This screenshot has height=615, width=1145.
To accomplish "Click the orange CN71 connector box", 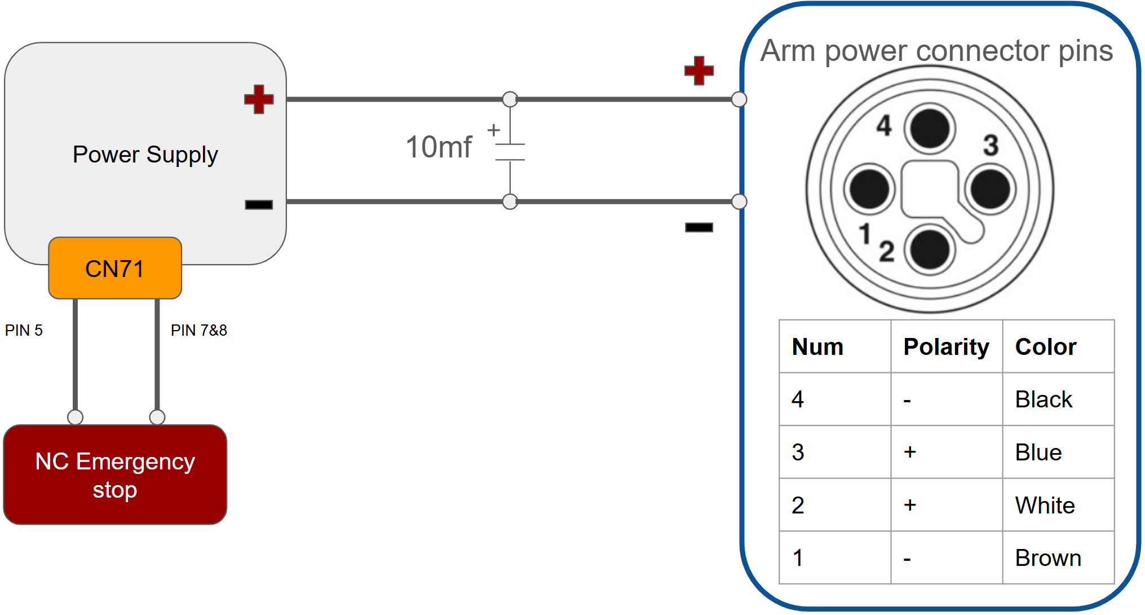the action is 115,268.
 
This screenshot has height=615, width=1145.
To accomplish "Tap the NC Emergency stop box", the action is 115,475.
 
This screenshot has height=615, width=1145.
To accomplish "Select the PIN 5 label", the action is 24,330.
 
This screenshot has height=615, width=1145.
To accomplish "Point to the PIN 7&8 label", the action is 199,330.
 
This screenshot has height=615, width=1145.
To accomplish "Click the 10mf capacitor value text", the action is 439,147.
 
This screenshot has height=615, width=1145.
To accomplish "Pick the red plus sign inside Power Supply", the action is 259,99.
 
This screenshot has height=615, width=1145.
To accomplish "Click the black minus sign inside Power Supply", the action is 259,204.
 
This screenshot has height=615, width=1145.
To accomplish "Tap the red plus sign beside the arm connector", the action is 699,71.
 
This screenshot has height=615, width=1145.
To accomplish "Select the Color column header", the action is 1046,346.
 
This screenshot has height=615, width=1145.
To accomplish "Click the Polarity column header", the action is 947,347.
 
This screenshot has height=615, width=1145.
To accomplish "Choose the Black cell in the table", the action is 1044,399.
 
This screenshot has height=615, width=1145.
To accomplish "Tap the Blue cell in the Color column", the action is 1038,453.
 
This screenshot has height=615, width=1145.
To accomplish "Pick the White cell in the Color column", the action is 1045,505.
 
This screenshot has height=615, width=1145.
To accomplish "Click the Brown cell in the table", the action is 1048,558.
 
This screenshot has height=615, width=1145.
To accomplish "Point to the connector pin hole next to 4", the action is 930,129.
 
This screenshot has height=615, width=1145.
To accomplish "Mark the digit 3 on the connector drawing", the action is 991,145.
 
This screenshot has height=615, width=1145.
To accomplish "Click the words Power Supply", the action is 145,155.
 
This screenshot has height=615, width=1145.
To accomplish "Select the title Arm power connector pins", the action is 936,51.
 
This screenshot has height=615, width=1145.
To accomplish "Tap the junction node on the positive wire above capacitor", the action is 510,99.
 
